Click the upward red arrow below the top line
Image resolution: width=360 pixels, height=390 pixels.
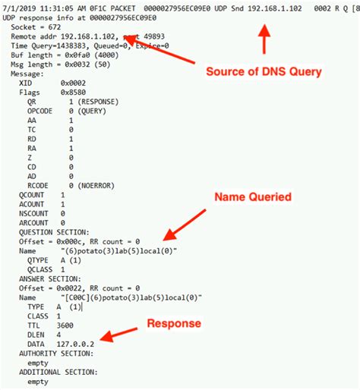click(264, 38)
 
